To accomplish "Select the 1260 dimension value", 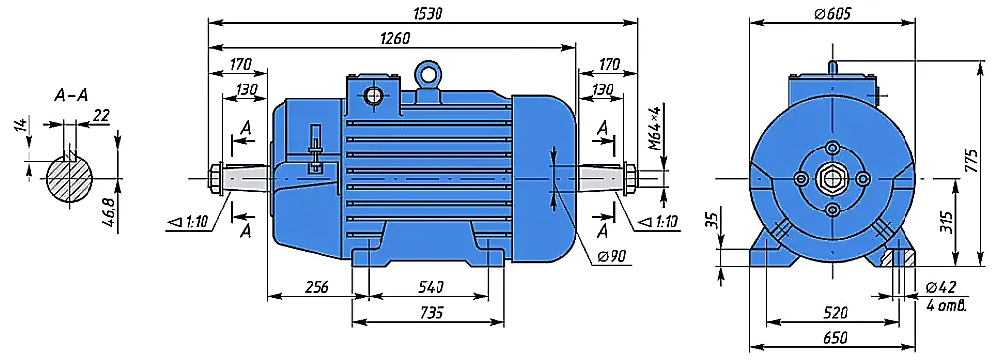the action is (x=396, y=38).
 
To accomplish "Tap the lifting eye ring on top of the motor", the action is (x=428, y=73).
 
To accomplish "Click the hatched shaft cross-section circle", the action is (x=71, y=179).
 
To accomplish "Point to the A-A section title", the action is (x=71, y=96).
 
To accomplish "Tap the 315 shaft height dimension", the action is (x=947, y=220).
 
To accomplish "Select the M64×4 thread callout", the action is (x=656, y=129).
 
